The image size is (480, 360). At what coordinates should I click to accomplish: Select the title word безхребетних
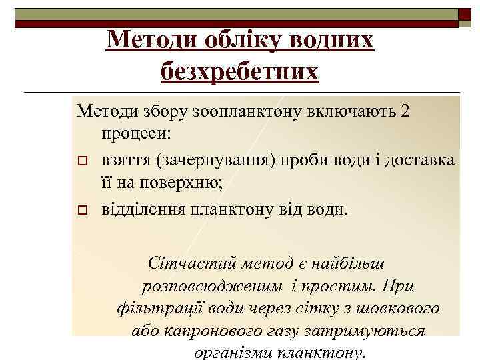click(x=240, y=70)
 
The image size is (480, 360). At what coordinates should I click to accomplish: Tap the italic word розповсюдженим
click(x=212, y=287)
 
